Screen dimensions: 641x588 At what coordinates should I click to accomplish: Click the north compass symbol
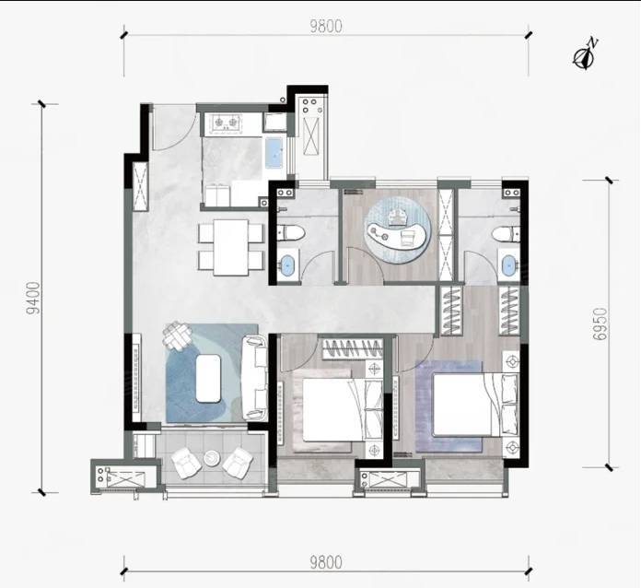click(585, 58)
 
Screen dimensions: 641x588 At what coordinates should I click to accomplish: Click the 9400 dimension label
click(33, 298)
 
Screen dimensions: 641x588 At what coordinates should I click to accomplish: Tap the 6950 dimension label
click(600, 324)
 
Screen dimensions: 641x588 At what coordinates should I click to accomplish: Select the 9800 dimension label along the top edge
click(326, 27)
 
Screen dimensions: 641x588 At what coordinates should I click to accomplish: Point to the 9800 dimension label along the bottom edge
click(326, 563)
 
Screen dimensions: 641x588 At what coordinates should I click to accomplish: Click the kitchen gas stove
click(226, 123)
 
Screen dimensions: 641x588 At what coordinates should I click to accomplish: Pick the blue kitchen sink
click(274, 153)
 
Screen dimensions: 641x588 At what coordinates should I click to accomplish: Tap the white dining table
click(231, 248)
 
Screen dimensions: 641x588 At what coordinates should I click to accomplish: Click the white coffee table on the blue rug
click(208, 379)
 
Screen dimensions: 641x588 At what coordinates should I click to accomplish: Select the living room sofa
click(254, 378)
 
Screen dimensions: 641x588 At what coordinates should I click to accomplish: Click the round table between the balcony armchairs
click(212, 458)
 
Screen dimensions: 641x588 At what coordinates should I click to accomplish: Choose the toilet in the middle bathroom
click(291, 234)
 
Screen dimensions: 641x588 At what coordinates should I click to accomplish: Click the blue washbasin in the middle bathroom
click(288, 265)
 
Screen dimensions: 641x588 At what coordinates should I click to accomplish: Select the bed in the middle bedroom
click(344, 409)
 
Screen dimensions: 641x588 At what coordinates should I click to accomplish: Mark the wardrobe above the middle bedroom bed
click(353, 348)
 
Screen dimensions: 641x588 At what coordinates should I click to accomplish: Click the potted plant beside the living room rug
click(178, 335)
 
